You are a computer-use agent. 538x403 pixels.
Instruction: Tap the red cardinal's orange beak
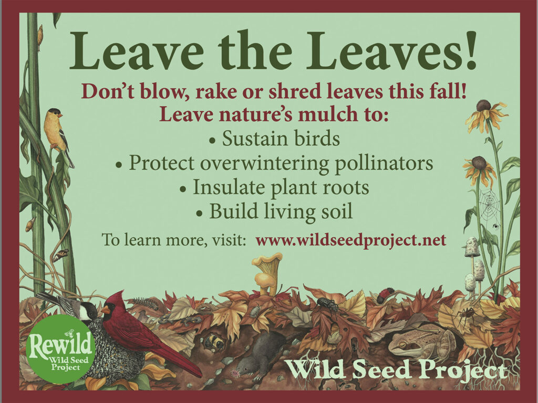point(105,310)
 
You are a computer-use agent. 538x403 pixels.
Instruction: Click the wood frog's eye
point(402,343)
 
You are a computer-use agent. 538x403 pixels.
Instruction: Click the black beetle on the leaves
point(328,304)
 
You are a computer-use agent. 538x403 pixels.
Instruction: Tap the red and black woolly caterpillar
point(386,295)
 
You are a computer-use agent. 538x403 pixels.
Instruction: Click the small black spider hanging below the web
point(494,227)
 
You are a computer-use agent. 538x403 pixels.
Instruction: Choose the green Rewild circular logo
point(60,349)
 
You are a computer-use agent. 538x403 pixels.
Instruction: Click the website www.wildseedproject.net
point(350,240)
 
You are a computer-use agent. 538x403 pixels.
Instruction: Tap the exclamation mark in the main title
point(470,50)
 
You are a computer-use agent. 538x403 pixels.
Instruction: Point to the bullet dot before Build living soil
point(200,214)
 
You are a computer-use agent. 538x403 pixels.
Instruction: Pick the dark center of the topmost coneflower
point(483,105)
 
